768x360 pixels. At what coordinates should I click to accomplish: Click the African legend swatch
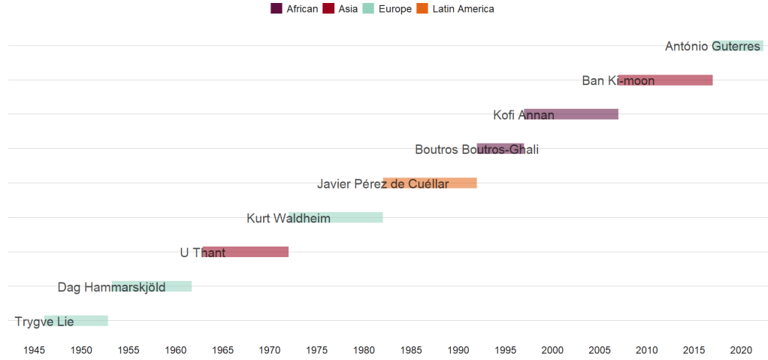click(x=277, y=9)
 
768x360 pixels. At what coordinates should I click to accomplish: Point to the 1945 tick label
click(x=35, y=350)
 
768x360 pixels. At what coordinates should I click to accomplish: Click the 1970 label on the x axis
click(x=270, y=350)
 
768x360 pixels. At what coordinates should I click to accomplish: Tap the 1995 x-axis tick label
click(x=506, y=350)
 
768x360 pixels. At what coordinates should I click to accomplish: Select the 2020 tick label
click(x=741, y=350)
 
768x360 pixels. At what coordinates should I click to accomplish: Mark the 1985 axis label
click(x=411, y=350)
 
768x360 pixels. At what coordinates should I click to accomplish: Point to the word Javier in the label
click(x=333, y=184)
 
